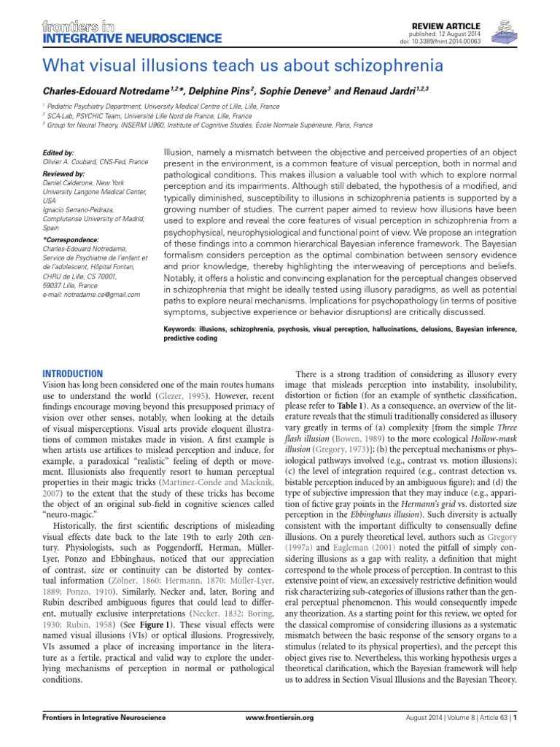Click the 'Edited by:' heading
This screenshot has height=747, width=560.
click(x=59, y=153)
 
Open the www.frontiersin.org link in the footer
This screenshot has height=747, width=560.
click(x=279, y=718)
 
